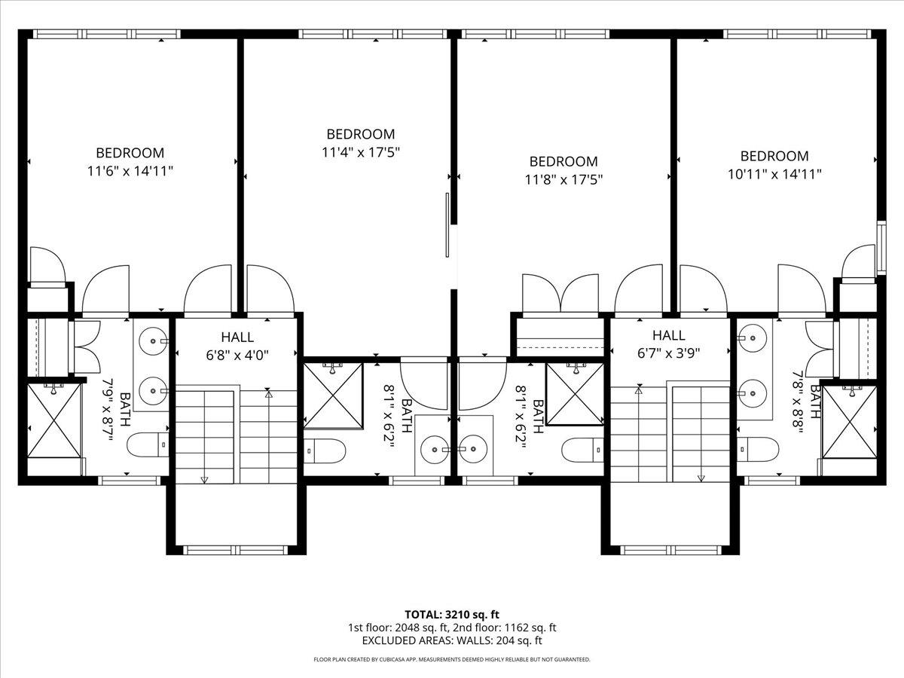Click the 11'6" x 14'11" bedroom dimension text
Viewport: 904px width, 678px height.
(x=130, y=171)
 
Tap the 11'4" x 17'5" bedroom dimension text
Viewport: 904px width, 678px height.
(x=360, y=152)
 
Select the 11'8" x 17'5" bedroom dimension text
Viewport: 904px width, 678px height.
(x=563, y=179)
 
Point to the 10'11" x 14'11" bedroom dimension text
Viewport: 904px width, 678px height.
(x=774, y=174)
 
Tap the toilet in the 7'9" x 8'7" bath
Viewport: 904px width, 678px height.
(x=148, y=446)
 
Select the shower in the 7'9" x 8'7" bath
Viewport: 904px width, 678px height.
(x=54, y=420)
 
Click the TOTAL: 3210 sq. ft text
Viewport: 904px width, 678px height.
(x=452, y=614)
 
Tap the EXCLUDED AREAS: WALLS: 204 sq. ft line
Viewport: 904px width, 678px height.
(x=452, y=641)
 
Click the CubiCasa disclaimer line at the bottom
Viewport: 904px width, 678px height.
(x=452, y=659)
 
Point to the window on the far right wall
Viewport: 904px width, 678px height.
(x=880, y=245)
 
